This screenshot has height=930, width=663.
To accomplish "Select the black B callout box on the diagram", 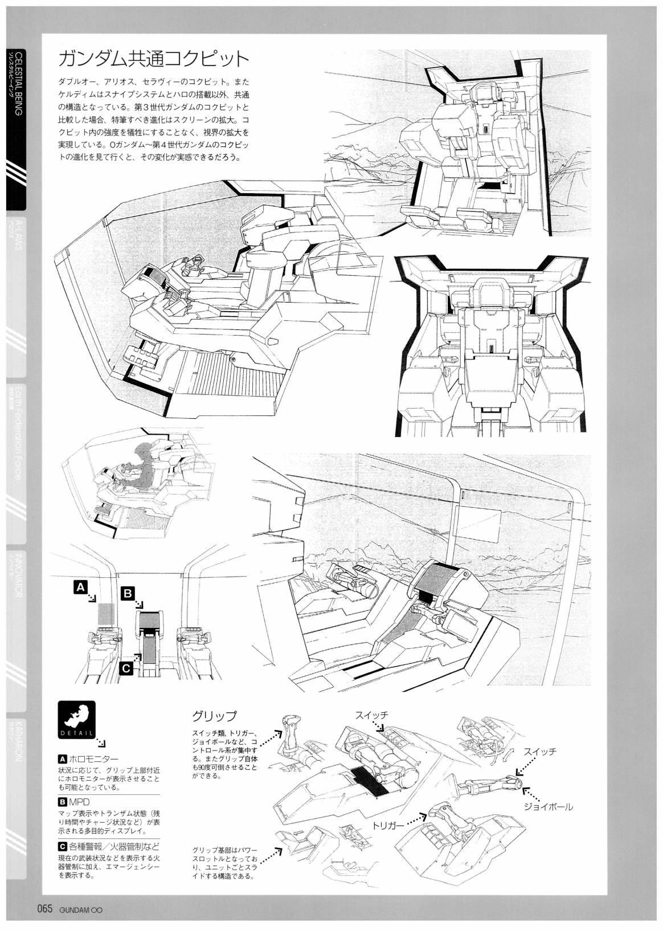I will tap(128, 593).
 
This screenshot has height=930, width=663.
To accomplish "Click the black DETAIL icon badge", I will tap(77, 720).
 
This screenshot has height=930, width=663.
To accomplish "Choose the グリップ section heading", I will tap(214, 716).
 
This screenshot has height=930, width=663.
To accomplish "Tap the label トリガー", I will tap(388, 825).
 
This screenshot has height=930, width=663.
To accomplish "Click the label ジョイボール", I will tap(549, 806).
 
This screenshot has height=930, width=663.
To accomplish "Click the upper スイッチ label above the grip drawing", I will tap(371, 715).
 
